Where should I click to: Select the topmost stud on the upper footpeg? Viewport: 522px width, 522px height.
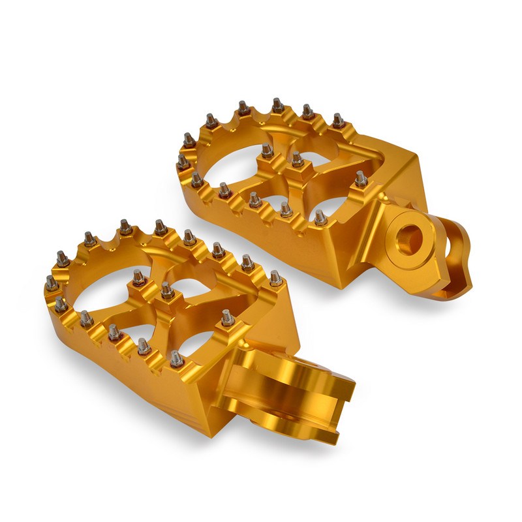click(277, 105)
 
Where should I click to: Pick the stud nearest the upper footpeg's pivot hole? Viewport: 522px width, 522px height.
click(361, 178)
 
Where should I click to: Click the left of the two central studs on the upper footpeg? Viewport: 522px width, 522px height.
click(266, 151)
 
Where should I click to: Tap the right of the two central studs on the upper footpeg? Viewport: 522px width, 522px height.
click(297, 159)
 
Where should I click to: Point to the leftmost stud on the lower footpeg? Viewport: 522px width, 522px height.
click(50, 283)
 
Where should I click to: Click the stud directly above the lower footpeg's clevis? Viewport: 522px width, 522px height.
click(227, 318)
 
